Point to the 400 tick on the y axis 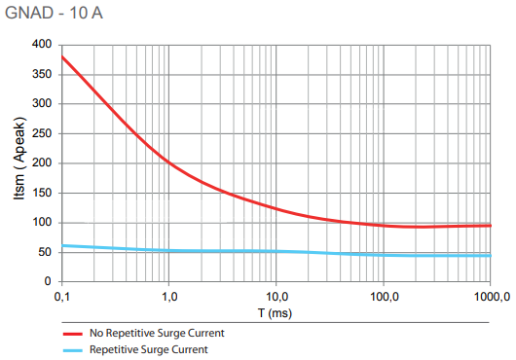[x=42, y=45]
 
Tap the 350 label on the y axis [x=42, y=74]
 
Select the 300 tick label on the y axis [x=42, y=104]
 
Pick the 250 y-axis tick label [x=42, y=133]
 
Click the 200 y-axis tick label [x=42, y=163]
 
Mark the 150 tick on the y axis [x=42, y=193]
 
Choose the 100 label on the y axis [x=42, y=223]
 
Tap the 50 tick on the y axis [x=45, y=252]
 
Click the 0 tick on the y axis [x=48, y=282]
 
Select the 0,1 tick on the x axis [x=62, y=296]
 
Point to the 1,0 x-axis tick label [x=169, y=296]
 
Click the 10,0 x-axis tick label [x=276, y=296]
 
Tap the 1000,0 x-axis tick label [x=490, y=296]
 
